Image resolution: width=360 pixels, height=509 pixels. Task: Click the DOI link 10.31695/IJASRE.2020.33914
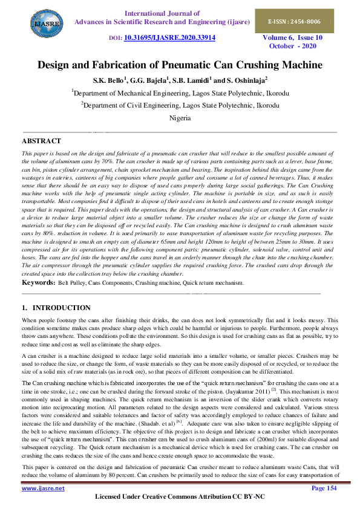coord(169,37)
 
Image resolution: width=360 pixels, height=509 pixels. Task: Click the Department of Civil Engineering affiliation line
coord(180,105)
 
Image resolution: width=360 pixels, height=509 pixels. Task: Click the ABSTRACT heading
coord(41,141)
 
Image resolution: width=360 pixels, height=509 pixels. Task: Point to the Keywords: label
coord(38,282)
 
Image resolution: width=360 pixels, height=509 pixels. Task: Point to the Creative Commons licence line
coord(180,497)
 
